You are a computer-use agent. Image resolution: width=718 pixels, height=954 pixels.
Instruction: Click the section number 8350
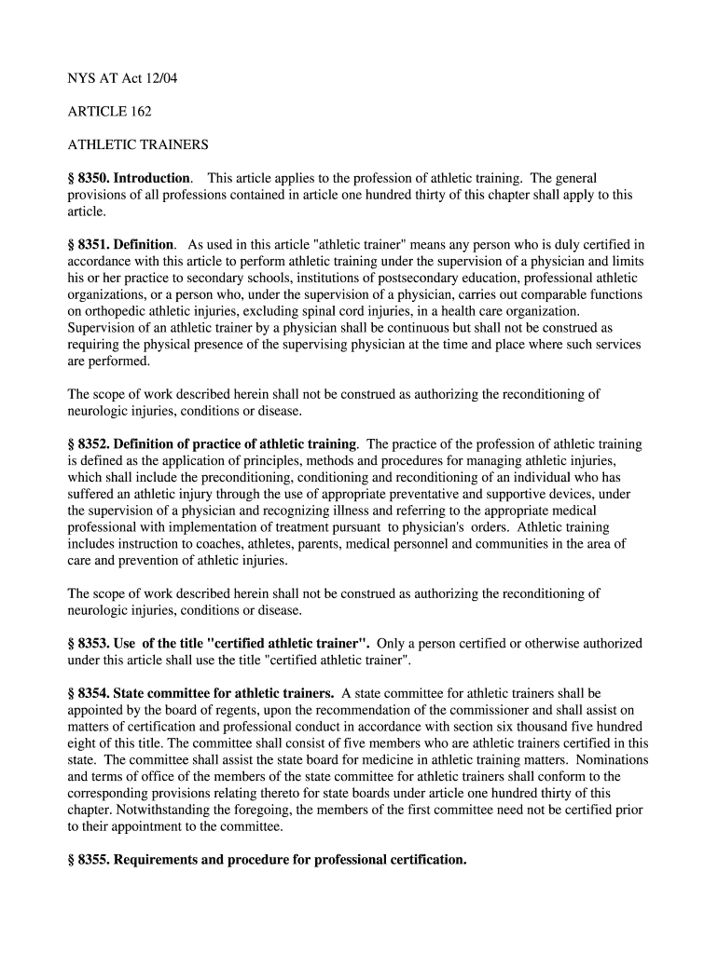[x=95, y=178]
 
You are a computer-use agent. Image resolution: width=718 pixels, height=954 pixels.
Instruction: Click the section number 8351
[x=95, y=244]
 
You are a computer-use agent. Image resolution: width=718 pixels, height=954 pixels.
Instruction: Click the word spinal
[x=330, y=311]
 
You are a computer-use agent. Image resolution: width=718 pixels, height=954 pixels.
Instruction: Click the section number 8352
[x=95, y=444]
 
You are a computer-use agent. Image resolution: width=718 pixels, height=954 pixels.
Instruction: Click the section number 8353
[x=95, y=644]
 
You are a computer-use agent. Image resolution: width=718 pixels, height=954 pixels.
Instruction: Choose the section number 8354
[x=95, y=693]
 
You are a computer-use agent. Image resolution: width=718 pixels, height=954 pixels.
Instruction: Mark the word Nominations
[x=612, y=760]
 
